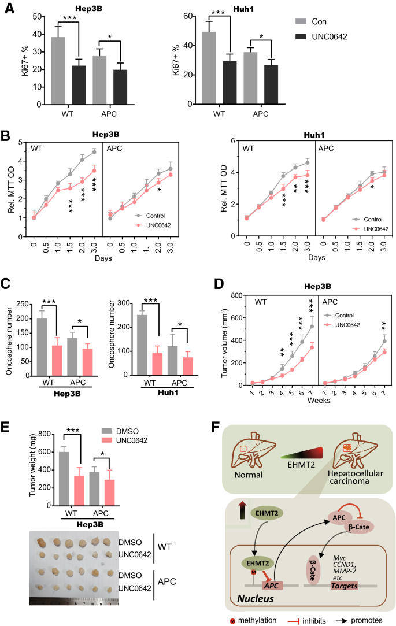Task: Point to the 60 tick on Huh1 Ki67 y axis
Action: pyautogui.click(x=195, y=16)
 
